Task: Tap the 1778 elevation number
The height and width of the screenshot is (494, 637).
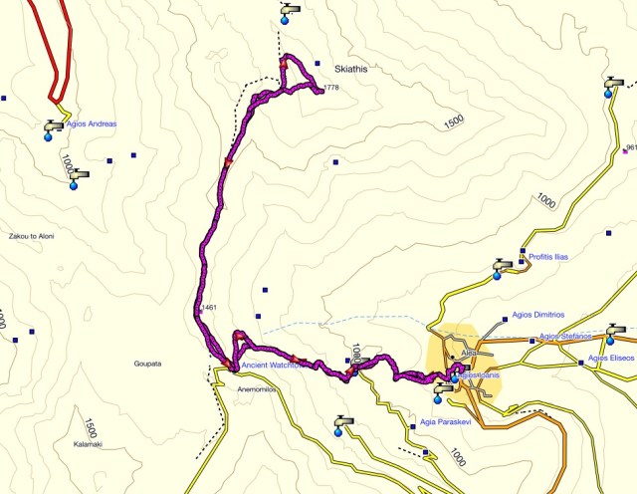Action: pos(331,89)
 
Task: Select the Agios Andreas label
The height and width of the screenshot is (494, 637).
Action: pos(91,124)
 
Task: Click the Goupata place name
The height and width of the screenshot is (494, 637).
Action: pos(148,364)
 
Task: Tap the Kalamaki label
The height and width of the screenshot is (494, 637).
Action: pos(88,443)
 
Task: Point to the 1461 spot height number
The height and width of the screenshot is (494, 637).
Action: pos(208,308)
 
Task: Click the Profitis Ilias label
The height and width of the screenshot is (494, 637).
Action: pos(547,256)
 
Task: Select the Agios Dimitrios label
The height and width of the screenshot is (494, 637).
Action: pos(538,314)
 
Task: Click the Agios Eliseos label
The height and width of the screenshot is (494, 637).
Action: pos(611,358)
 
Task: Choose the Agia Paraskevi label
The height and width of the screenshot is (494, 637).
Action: pos(449,422)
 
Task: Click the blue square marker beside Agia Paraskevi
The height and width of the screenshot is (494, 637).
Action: pos(413,426)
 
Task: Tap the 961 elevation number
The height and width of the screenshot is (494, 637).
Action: pos(631,147)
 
